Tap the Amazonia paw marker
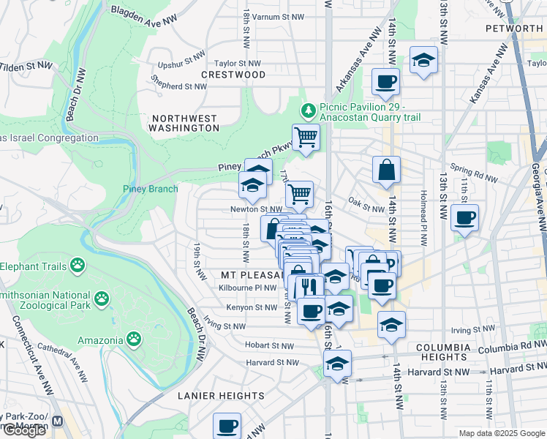pyautogui.click(x=133, y=339)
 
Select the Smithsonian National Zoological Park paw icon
pyautogui.click(x=102, y=299)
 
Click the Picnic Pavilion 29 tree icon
pyautogui.click(x=309, y=111)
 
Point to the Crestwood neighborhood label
pyautogui.click(x=233, y=75)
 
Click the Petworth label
pyautogui.click(x=514, y=29)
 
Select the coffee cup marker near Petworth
pyautogui.click(x=385, y=81)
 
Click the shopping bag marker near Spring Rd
pyautogui.click(x=386, y=169)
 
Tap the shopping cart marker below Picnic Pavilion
pyautogui.click(x=306, y=136)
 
